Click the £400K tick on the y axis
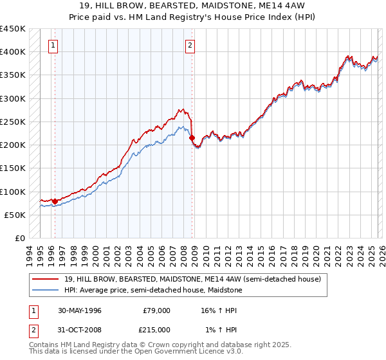point(13,52)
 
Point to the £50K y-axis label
point(15,215)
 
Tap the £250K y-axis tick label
point(13,122)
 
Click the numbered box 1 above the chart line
point(52,45)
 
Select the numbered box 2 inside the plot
point(190,45)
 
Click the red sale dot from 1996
point(55,201)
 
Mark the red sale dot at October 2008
point(192,138)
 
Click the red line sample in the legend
point(46,279)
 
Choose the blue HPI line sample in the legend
point(46,290)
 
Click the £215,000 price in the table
point(156,330)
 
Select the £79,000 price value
point(156,310)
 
